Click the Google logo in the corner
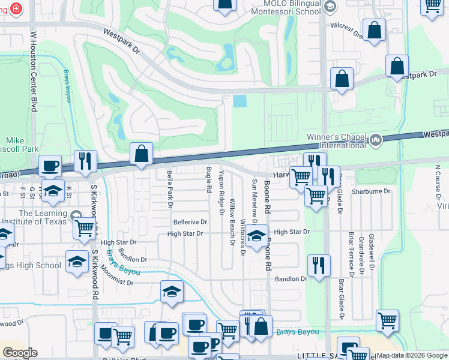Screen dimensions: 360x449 20,353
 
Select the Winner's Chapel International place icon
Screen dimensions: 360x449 376,140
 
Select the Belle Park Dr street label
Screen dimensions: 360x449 170,189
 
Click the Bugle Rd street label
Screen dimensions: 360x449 209,180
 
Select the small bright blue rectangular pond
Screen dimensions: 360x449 239,101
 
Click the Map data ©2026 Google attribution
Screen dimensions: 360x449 411,355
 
